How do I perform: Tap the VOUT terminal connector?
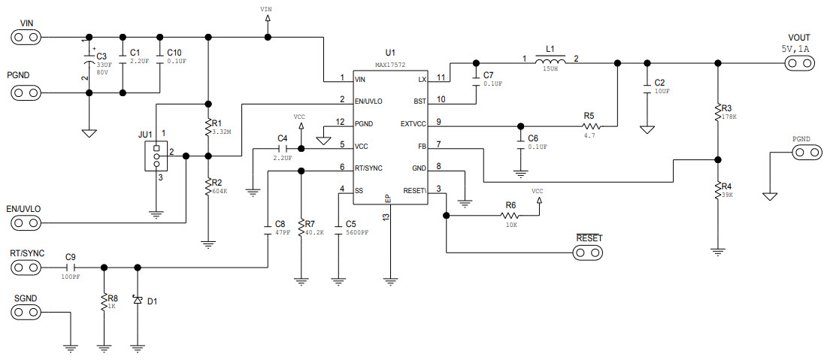(x=798, y=64)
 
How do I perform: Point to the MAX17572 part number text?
(x=390, y=65)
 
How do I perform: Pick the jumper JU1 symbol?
(x=156, y=156)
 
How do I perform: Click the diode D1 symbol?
(x=137, y=300)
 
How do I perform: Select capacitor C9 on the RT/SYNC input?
(x=71, y=267)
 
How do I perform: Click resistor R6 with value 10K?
(x=510, y=216)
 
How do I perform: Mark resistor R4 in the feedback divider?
(x=718, y=190)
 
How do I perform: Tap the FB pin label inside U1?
(x=421, y=144)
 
